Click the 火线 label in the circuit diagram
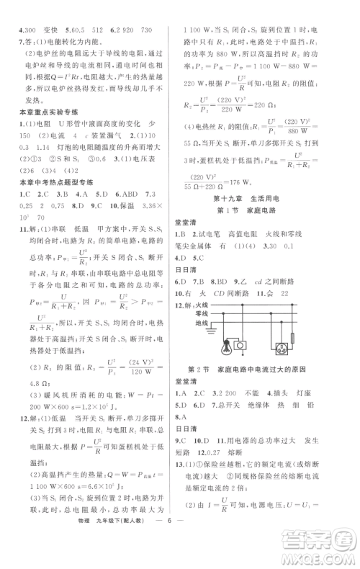[190, 305]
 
